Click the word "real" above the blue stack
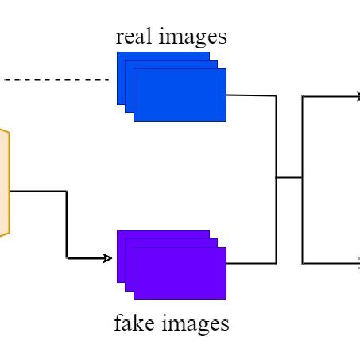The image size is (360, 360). click(x=133, y=37)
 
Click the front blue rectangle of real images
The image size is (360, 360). click(x=180, y=95)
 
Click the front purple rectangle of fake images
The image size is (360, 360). click(x=180, y=273)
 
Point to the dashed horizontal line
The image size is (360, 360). click(x=56, y=80)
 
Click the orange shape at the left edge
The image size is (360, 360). click(x=4, y=183)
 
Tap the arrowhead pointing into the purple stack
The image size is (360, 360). click(x=109, y=257)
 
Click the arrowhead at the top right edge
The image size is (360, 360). click(x=357, y=97)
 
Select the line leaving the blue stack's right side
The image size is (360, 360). click(x=250, y=95)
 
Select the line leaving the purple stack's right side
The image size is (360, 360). click(x=250, y=262)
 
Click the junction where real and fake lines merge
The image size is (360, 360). click(x=276, y=178)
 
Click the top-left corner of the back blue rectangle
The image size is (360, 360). click(x=118, y=52)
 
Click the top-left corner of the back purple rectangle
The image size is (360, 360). click(x=118, y=231)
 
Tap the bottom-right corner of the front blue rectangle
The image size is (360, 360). click(x=226, y=120)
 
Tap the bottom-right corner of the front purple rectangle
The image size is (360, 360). click(x=226, y=299)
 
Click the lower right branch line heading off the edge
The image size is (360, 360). click(x=330, y=262)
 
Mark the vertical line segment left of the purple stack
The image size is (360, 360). click(x=67, y=225)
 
